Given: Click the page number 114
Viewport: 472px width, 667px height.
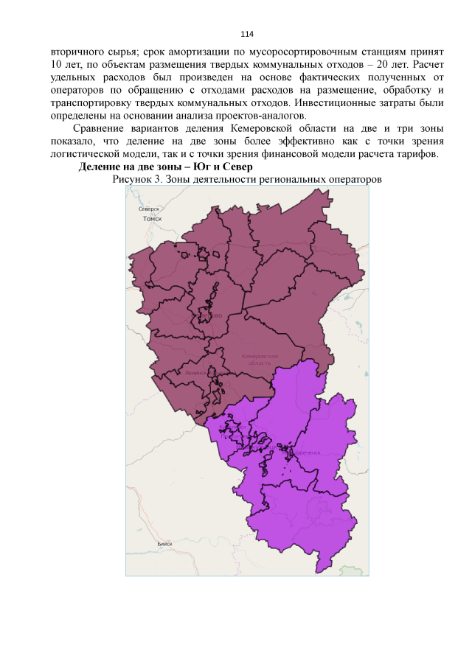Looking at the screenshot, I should pyautogui.click(x=247, y=35).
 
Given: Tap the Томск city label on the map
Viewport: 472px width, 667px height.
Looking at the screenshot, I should pyautogui.click(x=152, y=219).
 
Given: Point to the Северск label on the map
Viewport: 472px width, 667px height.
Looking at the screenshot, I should pyautogui.click(x=150, y=209).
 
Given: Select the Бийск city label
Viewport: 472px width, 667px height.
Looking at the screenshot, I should pyautogui.click(x=165, y=544).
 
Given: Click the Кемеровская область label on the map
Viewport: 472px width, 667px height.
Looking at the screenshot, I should pyautogui.click(x=260, y=360).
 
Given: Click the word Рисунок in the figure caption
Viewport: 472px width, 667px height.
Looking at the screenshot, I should pyautogui.click(x=135, y=179).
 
